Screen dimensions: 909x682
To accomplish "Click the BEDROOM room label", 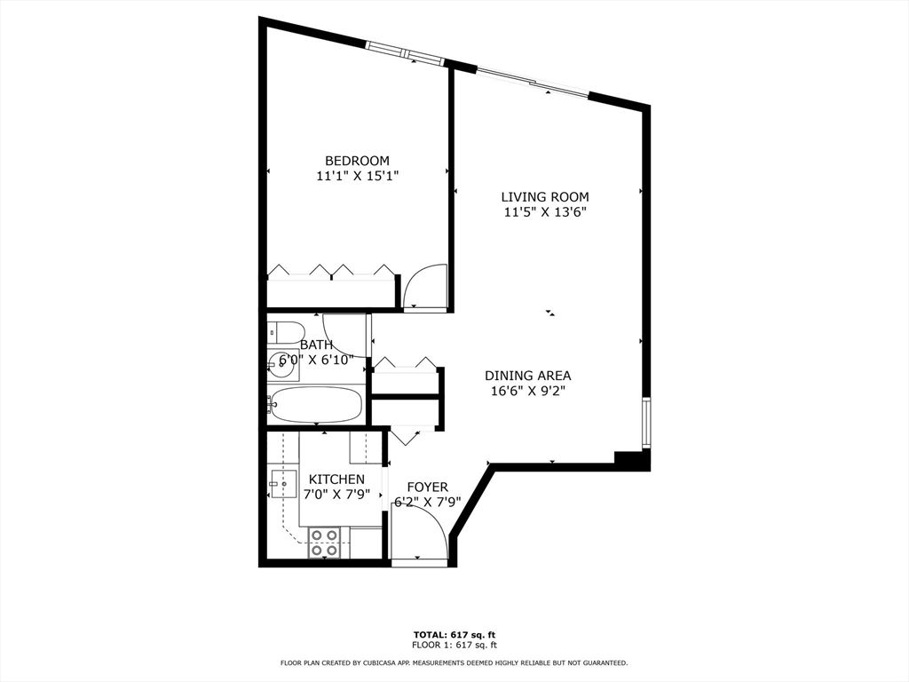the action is [357, 161].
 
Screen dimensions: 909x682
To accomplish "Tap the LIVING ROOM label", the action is [545, 197].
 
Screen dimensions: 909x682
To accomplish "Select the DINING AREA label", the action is [527, 376].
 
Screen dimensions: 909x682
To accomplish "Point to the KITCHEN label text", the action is [336, 480].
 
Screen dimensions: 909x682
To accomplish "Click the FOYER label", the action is [427, 488].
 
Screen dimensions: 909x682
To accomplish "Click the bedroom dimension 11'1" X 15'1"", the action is [358, 176].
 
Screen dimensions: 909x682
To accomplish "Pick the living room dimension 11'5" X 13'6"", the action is [546, 212].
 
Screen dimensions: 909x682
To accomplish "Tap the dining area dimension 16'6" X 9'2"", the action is [527, 391].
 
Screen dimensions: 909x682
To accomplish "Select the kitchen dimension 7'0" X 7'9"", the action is [336, 495].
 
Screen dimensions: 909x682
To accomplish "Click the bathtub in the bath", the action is [316, 404].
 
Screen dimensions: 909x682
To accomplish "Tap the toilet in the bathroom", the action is [287, 332].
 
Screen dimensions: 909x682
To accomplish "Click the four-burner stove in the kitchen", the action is [323, 543].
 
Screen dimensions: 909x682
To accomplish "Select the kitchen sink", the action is [283, 484].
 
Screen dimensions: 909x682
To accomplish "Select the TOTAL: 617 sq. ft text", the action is [454, 634].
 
